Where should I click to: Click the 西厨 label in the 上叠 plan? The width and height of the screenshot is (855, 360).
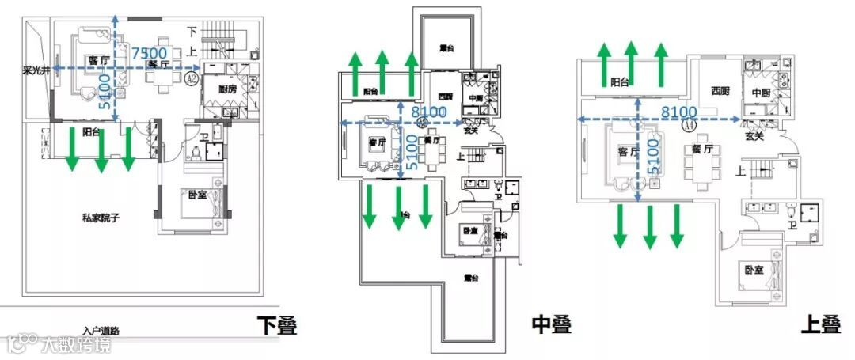click(x=720, y=89)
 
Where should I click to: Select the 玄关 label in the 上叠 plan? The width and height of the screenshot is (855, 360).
click(x=755, y=136)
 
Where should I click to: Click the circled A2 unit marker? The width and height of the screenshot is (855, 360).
click(x=191, y=79)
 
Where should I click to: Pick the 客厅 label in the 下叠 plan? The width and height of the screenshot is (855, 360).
click(x=99, y=60)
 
